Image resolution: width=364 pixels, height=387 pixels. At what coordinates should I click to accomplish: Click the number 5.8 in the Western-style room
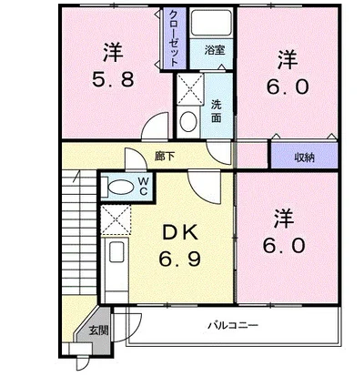(115, 78)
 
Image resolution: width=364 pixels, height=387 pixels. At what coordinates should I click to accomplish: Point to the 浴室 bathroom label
(214, 51)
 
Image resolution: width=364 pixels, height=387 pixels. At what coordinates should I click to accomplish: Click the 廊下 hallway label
(165, 156)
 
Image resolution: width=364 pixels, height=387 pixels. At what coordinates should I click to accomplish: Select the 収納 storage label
(304, 157)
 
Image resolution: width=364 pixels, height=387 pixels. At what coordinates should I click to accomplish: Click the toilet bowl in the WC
(118, 186)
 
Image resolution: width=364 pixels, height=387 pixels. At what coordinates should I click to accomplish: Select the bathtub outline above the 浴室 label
(214, 25)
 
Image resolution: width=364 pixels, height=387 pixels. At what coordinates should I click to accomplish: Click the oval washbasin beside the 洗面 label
(187, 120)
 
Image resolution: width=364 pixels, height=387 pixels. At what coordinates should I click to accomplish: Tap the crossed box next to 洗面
(190, 89)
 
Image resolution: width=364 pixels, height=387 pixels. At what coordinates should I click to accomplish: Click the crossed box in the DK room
(115, 219)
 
